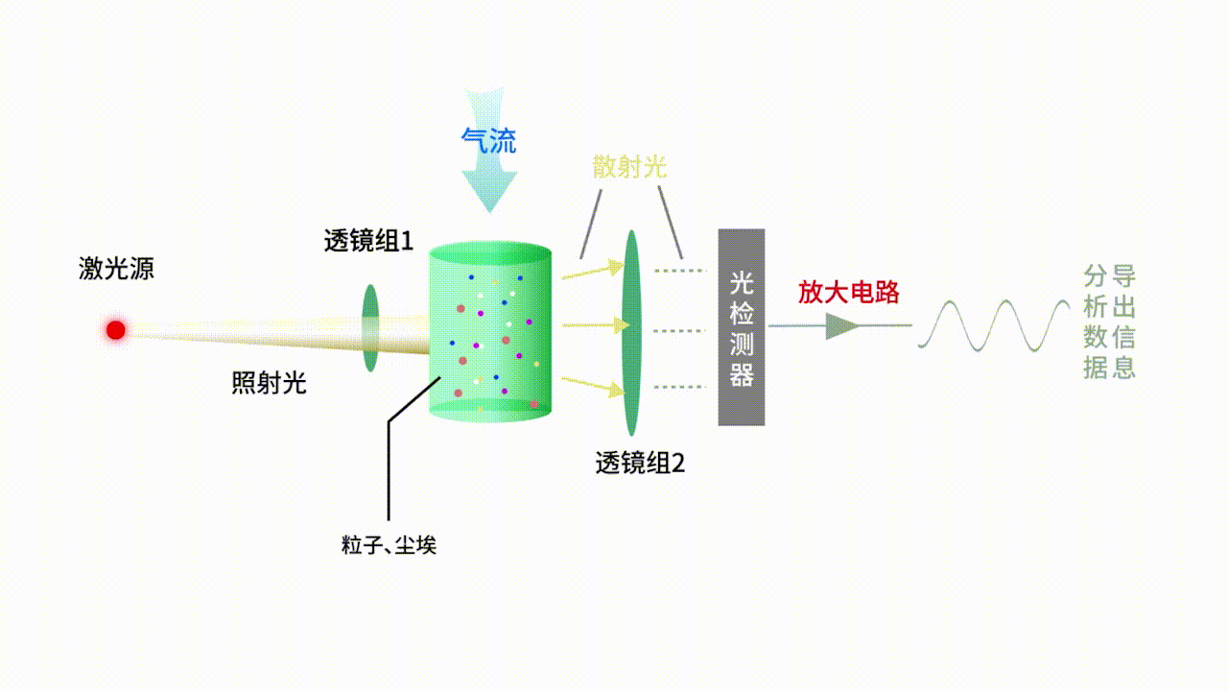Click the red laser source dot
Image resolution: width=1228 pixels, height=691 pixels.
point(116,330)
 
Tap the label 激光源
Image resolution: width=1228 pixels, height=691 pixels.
point(116,269)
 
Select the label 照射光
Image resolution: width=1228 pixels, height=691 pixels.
point(269,383)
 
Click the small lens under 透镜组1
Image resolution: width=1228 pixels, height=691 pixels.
point(370,327)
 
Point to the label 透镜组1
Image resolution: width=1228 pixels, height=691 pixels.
point(368,241)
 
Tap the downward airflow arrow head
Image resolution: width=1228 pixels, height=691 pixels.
point(489,191)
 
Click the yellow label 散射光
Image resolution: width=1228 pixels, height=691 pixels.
point(629,167)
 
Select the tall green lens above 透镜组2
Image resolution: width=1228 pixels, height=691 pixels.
point(630,332)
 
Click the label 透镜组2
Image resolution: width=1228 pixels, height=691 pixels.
point(640,464)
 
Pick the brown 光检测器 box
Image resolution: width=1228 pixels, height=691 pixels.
point(742,327)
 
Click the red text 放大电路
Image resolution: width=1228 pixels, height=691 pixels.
point(849,292)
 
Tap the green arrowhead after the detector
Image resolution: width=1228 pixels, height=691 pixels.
point(842,326)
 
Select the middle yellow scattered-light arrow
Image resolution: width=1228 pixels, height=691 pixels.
point(589,326)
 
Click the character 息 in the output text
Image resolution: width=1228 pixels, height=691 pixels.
point(1122,367)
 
